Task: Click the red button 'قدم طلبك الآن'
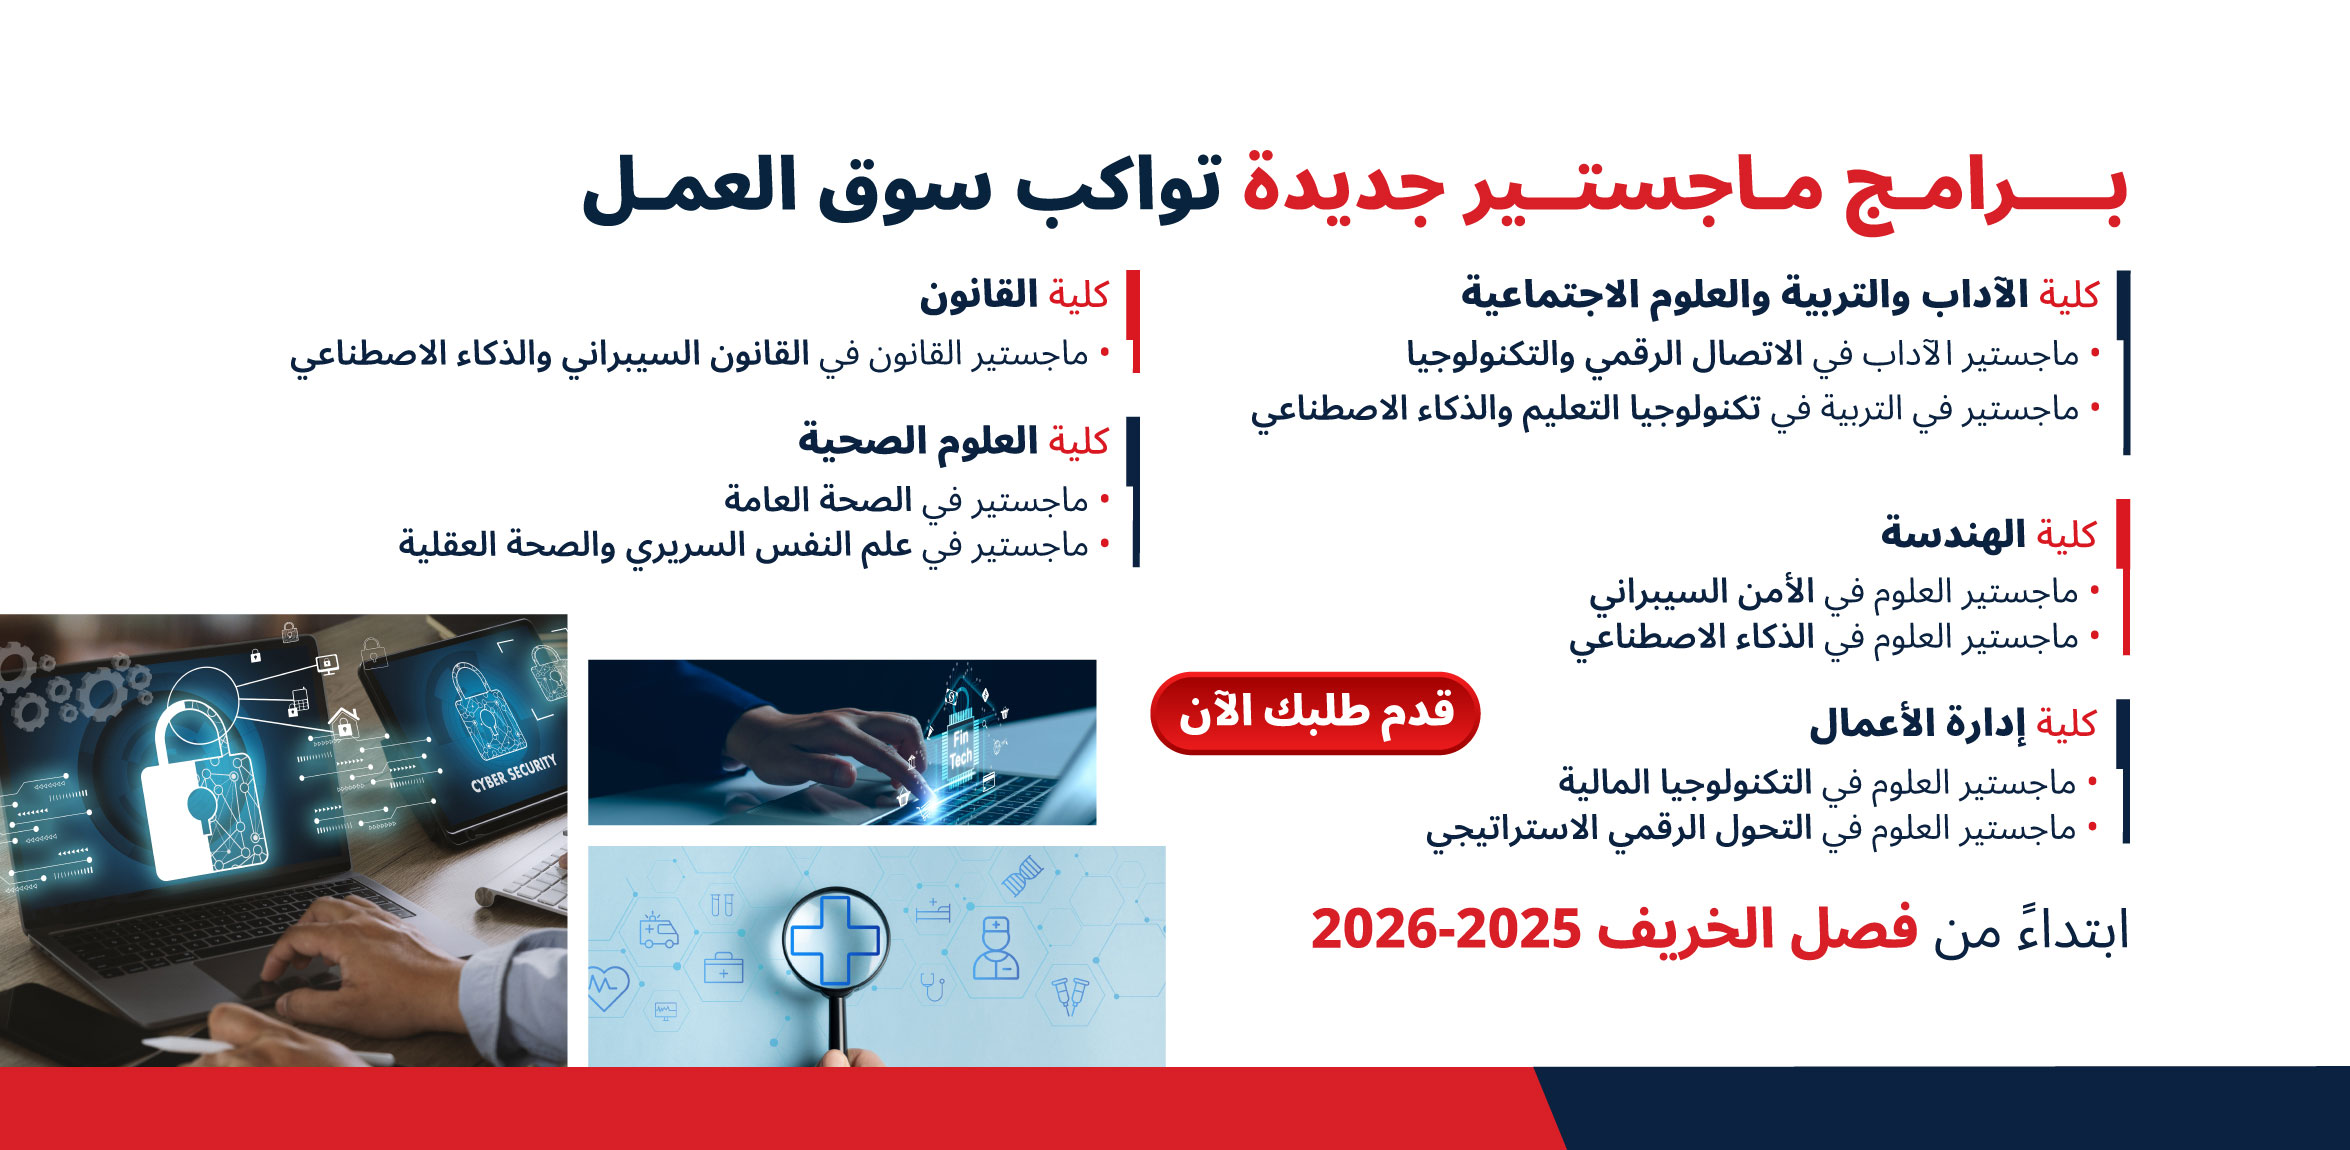click(x=1315, y=713)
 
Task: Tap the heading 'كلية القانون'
click(x=1014, y=295)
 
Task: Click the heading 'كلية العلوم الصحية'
click(x=953, y=441)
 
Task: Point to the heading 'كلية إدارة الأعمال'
click(x=1952, y=723)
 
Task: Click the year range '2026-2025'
click(x=1445, y=930)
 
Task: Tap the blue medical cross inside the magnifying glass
click(x=835, y=940)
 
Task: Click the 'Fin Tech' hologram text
click(x=960, y=748)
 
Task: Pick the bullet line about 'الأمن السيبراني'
click(x=1843, y=592)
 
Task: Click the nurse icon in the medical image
click(x=996, y=948)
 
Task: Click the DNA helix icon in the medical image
click(x=1022, y=876)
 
